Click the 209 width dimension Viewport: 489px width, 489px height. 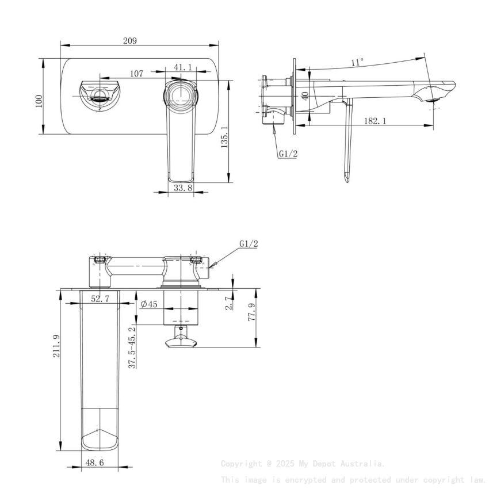129,40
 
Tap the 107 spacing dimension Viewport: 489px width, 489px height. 136,74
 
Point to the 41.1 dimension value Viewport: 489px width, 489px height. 182,67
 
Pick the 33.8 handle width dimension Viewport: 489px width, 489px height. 182,188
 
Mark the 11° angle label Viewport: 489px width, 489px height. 357,62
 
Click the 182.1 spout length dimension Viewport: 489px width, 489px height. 375,121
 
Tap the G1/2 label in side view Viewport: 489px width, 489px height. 288,154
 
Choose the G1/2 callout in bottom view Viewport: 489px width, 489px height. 249,244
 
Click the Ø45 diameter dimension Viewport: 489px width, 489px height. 149,304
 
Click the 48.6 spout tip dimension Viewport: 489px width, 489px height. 95,462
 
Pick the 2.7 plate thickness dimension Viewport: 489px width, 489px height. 229,303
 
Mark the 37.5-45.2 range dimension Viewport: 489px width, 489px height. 132,347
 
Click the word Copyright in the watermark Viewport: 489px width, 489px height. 242,464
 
